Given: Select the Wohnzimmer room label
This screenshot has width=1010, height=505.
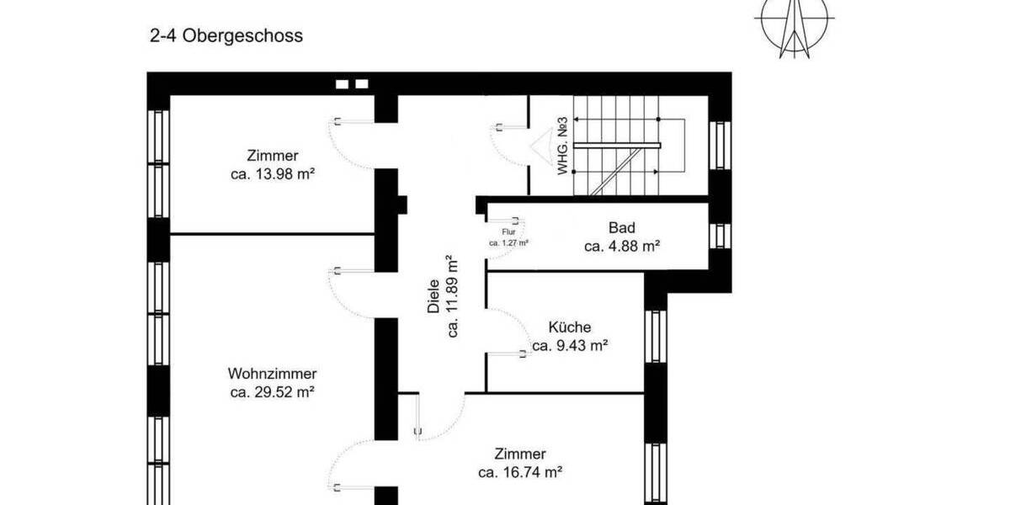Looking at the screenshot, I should click(272, 374).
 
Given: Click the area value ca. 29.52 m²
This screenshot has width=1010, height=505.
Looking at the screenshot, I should click(272, 392).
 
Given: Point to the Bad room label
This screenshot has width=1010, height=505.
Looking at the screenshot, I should click(621, 228).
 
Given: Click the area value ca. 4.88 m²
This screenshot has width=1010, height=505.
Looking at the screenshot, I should click(621, 247).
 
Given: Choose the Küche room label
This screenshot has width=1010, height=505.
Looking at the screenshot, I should click(570, 327).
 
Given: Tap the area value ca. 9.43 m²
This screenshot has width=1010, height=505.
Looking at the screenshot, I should click(570, 345).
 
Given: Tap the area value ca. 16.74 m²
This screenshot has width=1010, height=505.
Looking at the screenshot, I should click(520, 473).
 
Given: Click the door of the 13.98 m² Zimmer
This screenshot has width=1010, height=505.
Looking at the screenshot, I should click(352, 143).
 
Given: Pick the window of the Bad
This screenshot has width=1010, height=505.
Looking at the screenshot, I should click(720, 236).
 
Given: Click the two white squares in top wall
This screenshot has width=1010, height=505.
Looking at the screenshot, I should click(352, 84).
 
